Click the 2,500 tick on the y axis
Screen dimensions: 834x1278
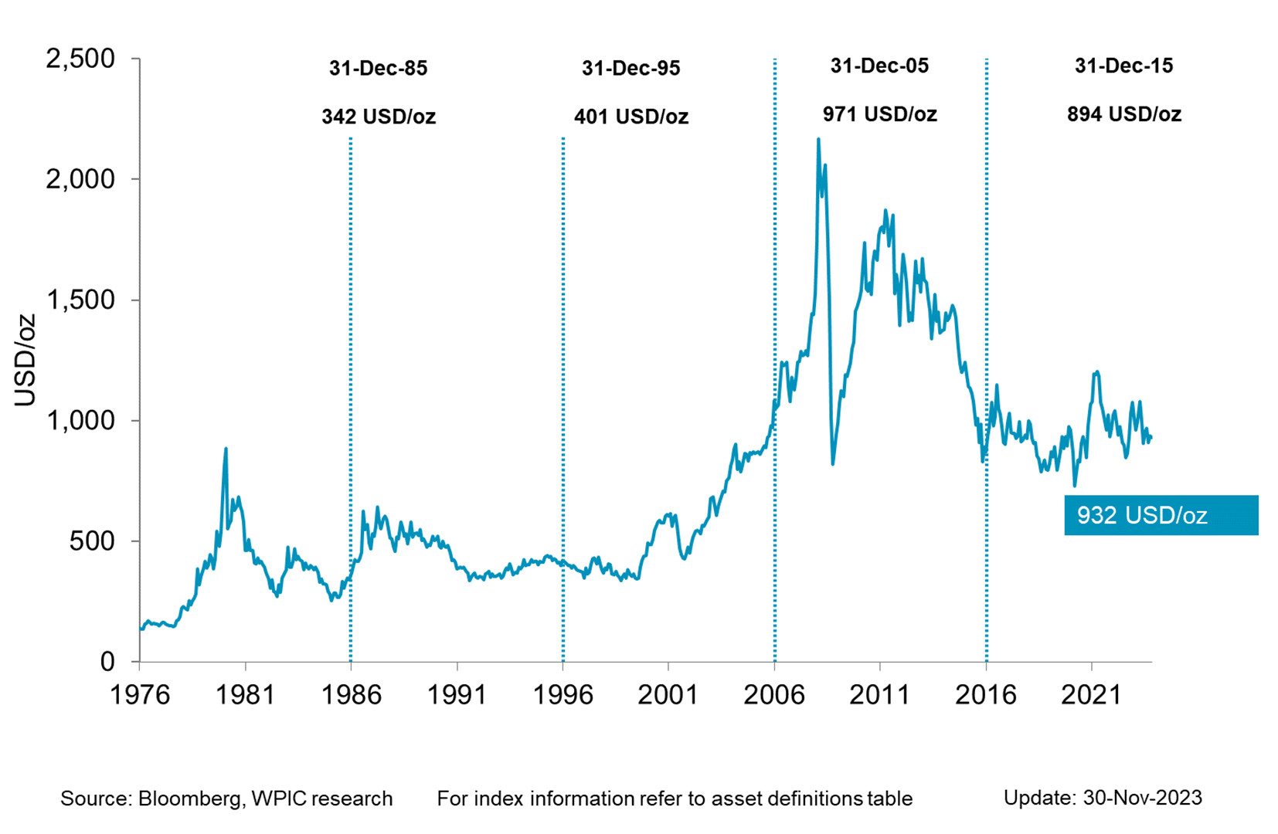tap(80, 59)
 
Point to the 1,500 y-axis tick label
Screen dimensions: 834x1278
tap(80, 300)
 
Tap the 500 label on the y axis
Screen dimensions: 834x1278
tap(92, 541)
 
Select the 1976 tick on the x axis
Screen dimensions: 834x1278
tap(140, 694)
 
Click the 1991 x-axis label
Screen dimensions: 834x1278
tap(457, 694)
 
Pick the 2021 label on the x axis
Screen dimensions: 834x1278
tap(1091, 694)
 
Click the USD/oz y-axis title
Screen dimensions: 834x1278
tap(25, 360)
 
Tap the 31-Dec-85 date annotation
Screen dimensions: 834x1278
tap(378, 68)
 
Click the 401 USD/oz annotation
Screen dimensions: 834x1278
tap(631, 117)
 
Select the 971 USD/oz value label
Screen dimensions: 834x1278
tap(879, 114)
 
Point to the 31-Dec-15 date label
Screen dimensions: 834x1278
tap(1123, 66)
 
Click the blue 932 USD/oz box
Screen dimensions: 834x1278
tap(1161, 515)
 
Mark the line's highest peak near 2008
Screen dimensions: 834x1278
tap(818, 140)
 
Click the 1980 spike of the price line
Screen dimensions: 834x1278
tap(226, 449)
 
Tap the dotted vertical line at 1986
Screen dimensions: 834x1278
tap(351, 386)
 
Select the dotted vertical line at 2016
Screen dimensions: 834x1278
tap(987, 309)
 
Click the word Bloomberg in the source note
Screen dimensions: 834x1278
tap(190, 798)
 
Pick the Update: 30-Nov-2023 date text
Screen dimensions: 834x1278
tap(1103, 798)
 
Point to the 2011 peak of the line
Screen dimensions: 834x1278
tap(885, 210)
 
